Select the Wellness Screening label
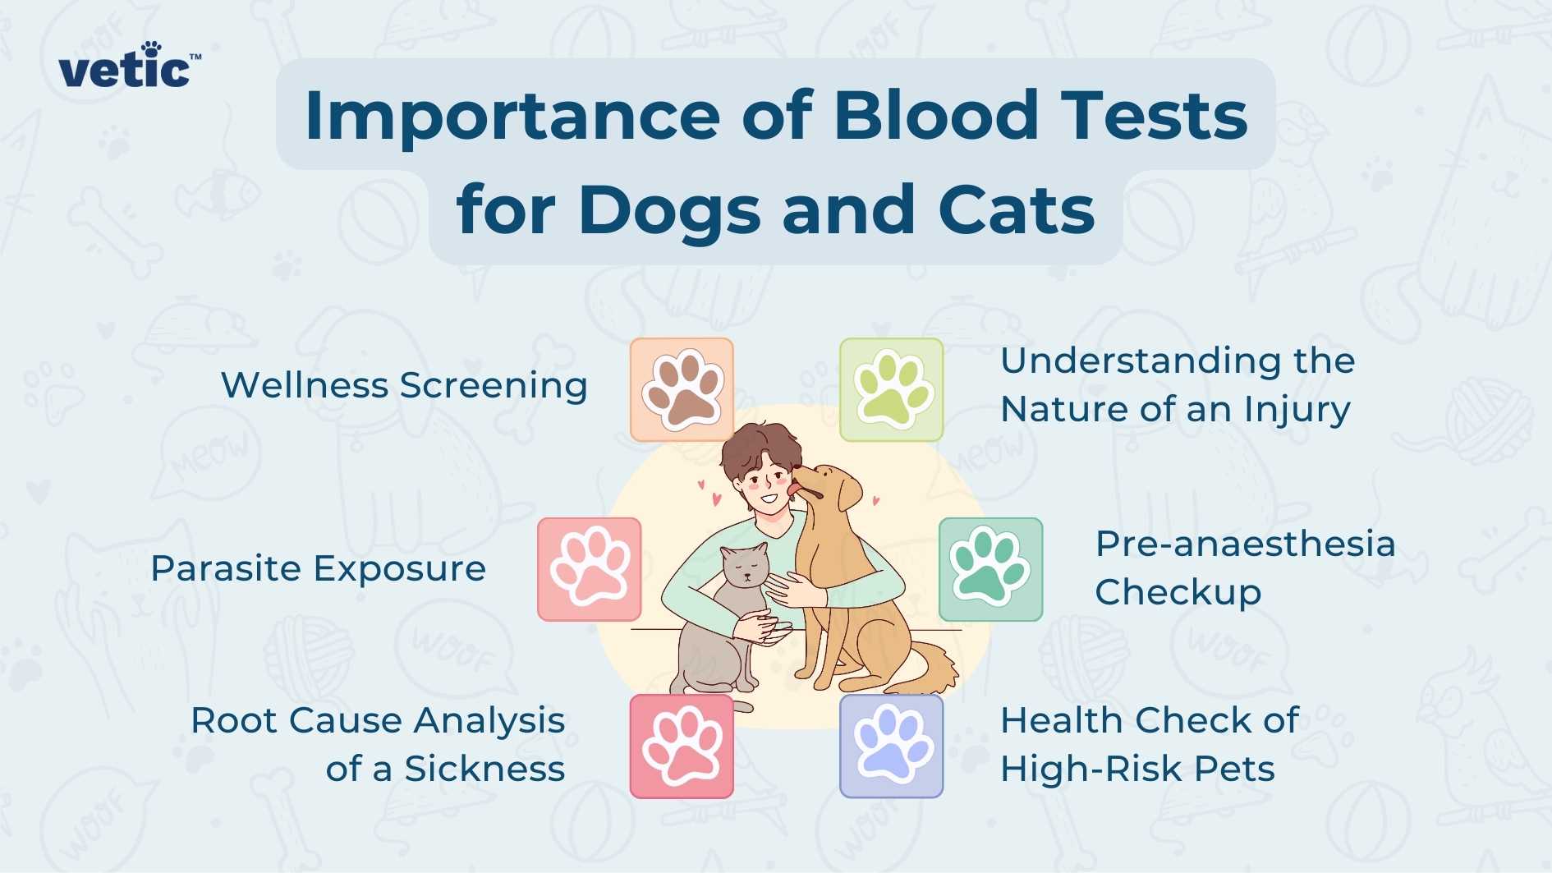(x=404, y=385)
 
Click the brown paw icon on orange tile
(x=682, y=389)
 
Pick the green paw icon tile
(x=892, y=389)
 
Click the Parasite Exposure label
(x=319, y=568)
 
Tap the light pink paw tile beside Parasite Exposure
(x=590, y=569)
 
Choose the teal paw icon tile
(x=990, y=569)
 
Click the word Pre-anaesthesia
(x=1245, y=544)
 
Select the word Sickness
(x=484, y=770)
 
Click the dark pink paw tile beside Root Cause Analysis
(x=682, y=746)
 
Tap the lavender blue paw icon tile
(x=892, y=746)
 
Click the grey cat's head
(x=745, y=566)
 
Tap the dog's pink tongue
(x=793, y=490)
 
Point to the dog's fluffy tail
(x=932, y=665)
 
